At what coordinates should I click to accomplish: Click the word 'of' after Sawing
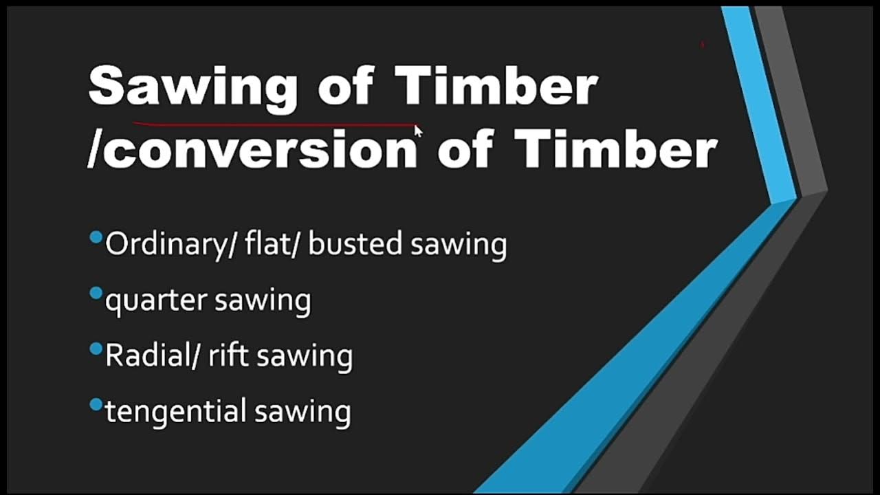[345, 87]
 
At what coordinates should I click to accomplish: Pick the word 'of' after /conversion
[465, 149]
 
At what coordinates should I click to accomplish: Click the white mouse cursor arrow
[418, 131]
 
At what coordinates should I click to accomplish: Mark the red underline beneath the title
[275, 125]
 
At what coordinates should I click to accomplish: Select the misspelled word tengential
[175, 412]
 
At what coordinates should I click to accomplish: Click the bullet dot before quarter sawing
[96, 294]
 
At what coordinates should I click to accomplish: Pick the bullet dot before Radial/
[96, 349]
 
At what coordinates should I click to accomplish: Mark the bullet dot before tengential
[96, 404]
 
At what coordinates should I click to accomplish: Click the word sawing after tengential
[302, 412]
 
